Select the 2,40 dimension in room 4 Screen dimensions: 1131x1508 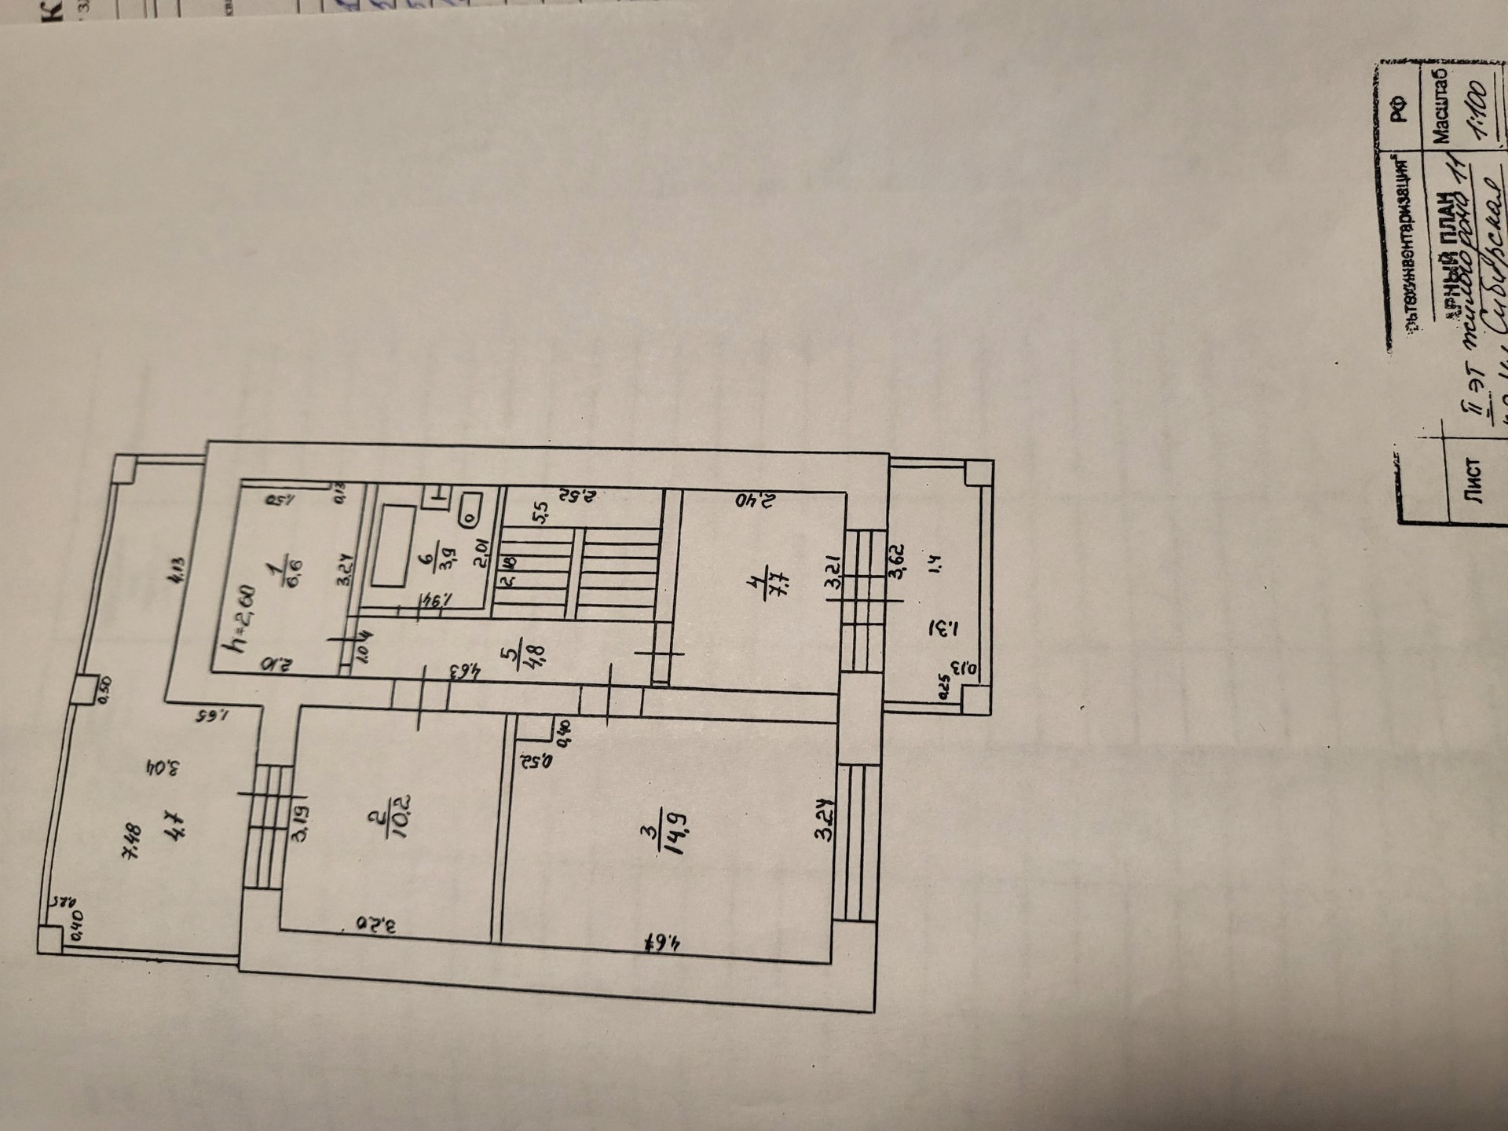coord(754,500)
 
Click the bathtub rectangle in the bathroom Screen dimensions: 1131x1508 coord(393,546)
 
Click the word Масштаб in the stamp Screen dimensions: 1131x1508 coord(1440,106)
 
